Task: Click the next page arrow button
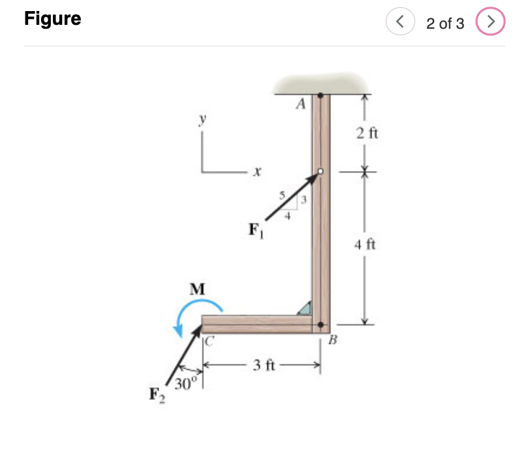[x=491, y=23]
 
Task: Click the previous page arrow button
[x=399, y=23]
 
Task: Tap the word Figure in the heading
[x=53, y=19]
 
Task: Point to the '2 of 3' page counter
[x=445, y=24]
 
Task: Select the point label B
[x=333, y=340]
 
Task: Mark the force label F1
[x=255, y=231]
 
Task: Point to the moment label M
[x=196, y=288]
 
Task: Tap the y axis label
[x=204, y=119]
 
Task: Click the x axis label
[x=257, y=174]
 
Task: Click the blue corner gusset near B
[x=305, y=308]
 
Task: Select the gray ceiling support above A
[x=321, y=83]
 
